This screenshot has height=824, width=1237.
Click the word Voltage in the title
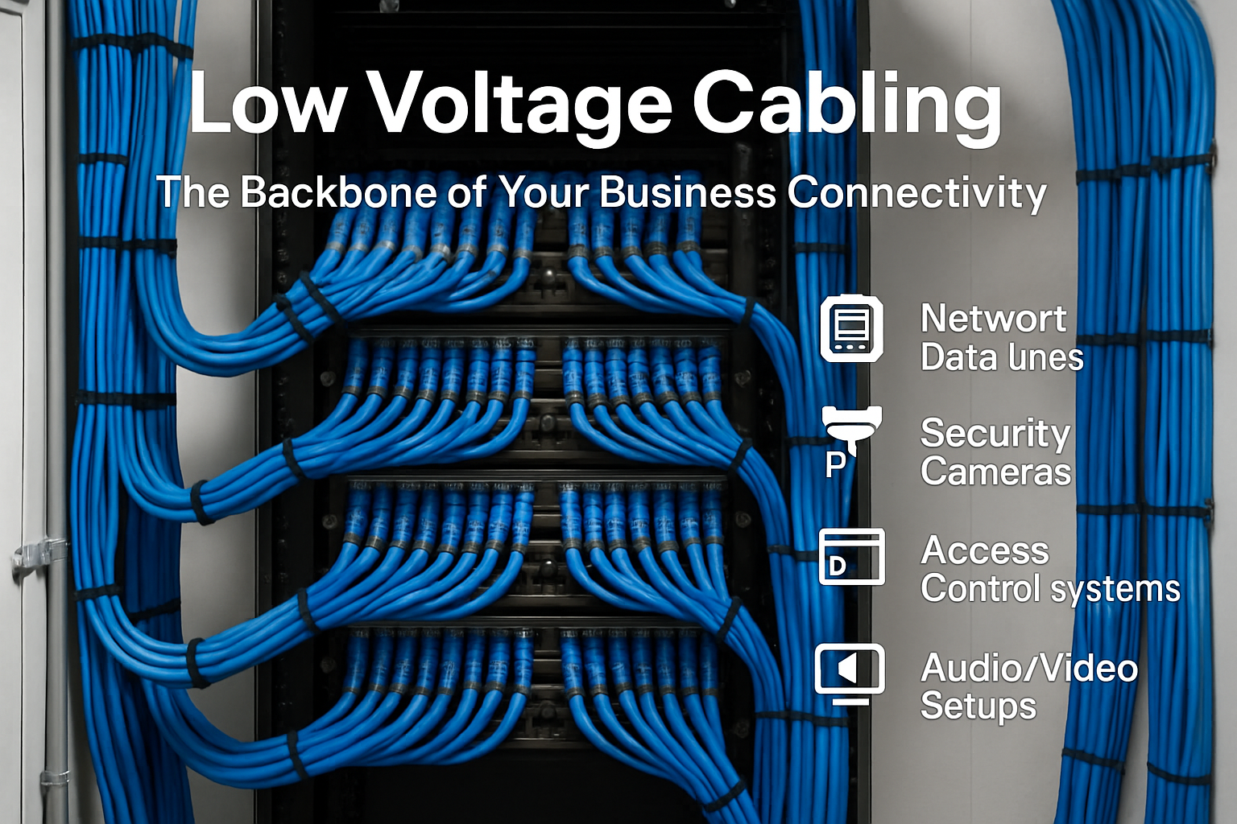[520, 105]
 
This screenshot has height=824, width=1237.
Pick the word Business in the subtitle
[688, 193]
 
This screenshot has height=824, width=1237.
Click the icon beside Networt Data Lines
[851, 328]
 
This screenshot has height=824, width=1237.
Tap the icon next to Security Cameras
[852, 426]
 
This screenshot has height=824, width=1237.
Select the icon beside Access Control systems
[851, 556]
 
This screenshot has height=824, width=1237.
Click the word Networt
[993, 319]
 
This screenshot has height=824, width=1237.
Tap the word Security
[995, 434]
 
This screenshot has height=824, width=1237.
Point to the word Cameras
[995, 472]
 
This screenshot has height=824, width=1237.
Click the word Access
[985, 551]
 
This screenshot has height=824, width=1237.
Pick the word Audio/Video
[1029, 668]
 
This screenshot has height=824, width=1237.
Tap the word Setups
[978, 707]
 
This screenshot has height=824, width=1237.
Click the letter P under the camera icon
[836, 464]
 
